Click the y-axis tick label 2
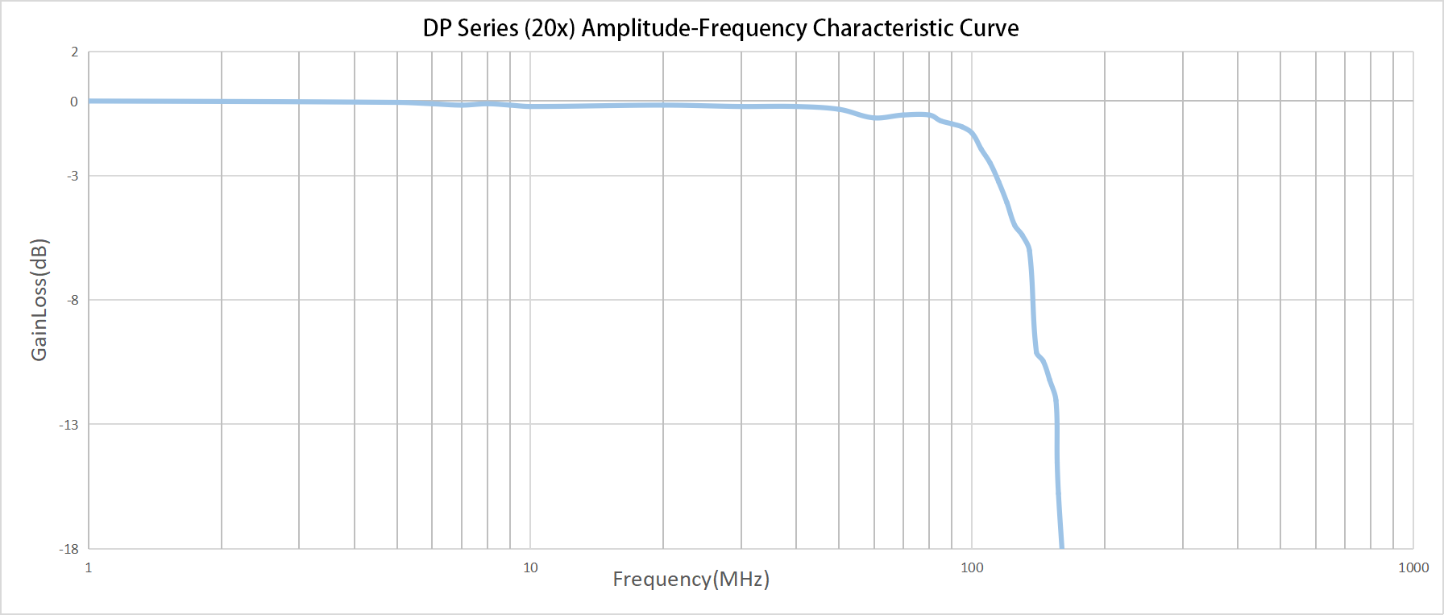pyautogui.click(x=75, y=52)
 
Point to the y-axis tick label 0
pyautogui.click(x=74, y=102)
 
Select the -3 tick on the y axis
pyautogui.click(x=73, y=176)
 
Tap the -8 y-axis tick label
pyautogui.click(x=73, y=300)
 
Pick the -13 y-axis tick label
pyautogui.click(x=69, y=425)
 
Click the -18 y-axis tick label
pyautogui.click(x=69, y=549)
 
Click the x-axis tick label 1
pyautogui.click(x=89, y=567)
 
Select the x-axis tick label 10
pyautogui.click(x=530, y=567)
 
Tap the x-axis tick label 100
pyautogui.click(x=972, y=567)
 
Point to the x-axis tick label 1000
pyautogui.click(x=1413, y=567)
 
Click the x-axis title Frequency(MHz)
pyautogui.click(x=691, y=579)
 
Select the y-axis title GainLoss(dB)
pyautogui.click(x=39, y=300)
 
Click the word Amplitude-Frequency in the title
pyautogui.click(x=694, y=28)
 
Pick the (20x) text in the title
pyautogui.click(x=550, y=28)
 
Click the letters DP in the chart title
pyautogui.click(x=437, y=28)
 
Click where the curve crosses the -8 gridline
pyautogui.click(x=1033, y=300)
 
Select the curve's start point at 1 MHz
pyautogui.click(x=89, y=101)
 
